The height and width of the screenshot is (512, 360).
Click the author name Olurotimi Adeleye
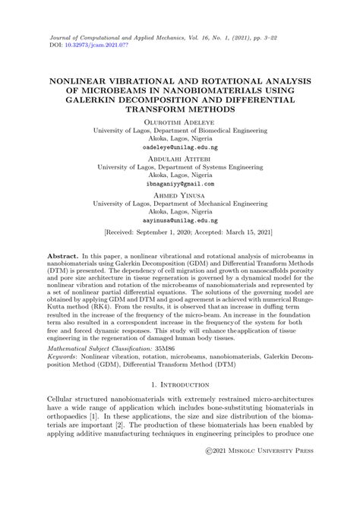pyautogui.click(x=180, y=122)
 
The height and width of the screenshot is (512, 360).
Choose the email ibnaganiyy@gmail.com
pyautogui.click(x=180, y=184)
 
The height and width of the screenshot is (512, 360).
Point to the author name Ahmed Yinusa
pyautogui.click(x=180, y=194)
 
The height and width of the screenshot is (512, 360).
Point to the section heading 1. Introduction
pyautogui.click(x=180, y=385)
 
